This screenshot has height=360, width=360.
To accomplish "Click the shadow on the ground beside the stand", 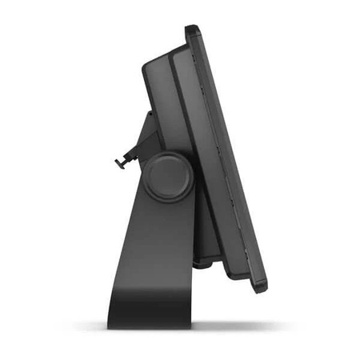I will [240, 326].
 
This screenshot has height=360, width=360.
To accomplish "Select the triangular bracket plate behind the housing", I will [142, 144].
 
